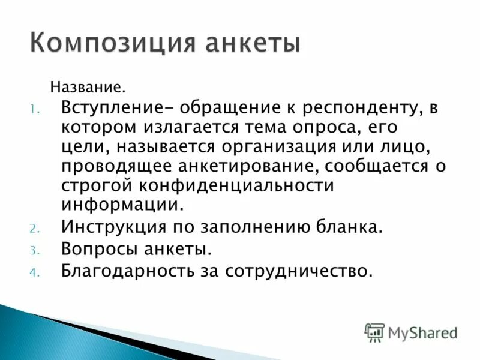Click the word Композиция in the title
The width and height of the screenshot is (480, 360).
[112, 44]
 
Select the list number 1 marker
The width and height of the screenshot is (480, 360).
[35, 109]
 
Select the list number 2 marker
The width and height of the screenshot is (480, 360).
[35, 228]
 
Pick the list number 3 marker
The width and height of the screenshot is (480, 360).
[35, 249]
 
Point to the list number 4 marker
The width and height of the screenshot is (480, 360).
[35, 271]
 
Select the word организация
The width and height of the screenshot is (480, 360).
[294, 147]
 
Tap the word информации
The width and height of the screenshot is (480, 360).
[120, 205]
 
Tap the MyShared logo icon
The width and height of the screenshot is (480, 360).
[374, 332]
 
